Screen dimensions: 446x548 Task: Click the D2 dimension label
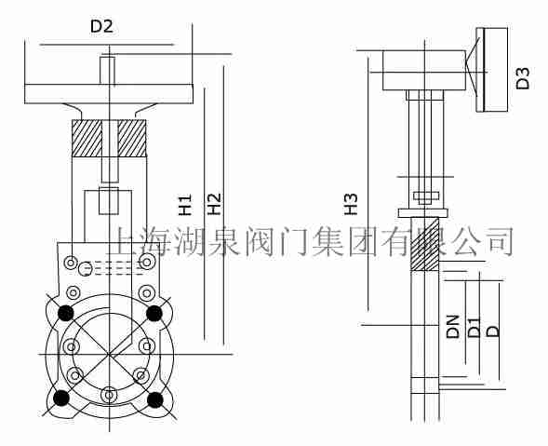pyautogui.click(x=101, y=27)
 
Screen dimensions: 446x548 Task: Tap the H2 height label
pyautogui.click(x=214, y=204)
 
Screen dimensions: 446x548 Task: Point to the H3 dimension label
pyautogui.click(x=351, y=204)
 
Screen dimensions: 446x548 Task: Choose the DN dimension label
pyautogui.click(x=453, y=326)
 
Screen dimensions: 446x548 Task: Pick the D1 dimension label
pyautogui.click(x=474, y=326)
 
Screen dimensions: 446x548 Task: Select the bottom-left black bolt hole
pyautogui.click(x=61, y=399)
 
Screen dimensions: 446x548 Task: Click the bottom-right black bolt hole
pyautogui.click(x=156, y=399)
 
